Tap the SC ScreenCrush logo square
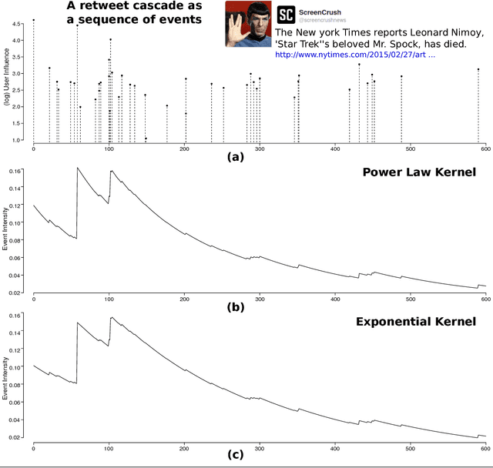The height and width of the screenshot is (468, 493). pos(286,14)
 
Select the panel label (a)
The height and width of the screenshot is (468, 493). pos(235,157)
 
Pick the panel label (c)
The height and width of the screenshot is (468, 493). pos(235,453)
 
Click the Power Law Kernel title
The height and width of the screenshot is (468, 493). pos(419,171)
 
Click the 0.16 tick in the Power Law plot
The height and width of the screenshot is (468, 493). pos(16,170)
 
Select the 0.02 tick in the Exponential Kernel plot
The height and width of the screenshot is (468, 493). pos(16,437)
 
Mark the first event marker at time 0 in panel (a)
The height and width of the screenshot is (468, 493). pos(33,20)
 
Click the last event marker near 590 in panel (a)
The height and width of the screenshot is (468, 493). pos(478,69)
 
